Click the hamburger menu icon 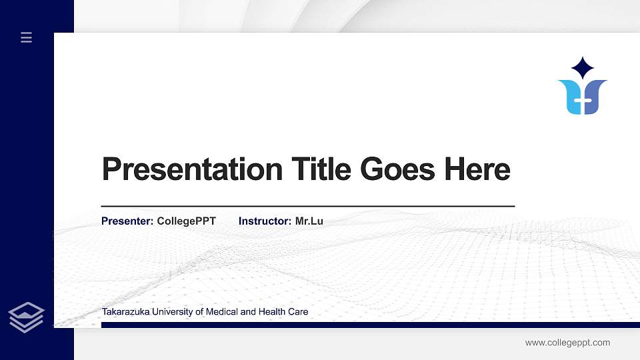27,38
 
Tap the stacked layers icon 27,317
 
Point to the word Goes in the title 399,169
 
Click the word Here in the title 477,169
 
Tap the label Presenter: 127,221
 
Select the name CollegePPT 186,221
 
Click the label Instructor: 265,221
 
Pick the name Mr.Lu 309,221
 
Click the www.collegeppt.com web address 567,343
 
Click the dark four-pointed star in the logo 583,67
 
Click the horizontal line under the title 307,207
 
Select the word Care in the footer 299,311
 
